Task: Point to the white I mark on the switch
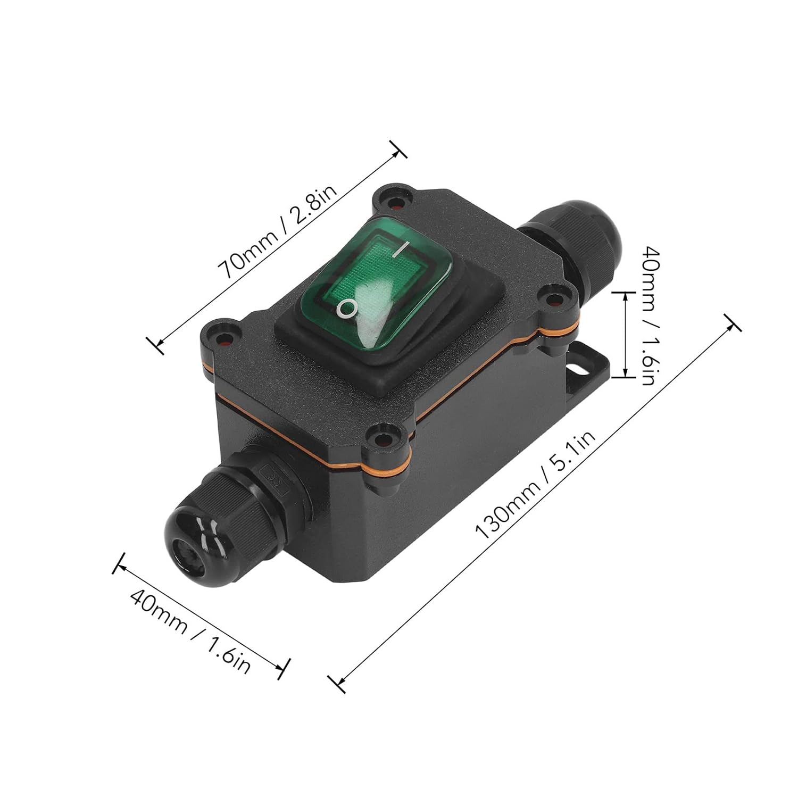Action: (x=403, y=250)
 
